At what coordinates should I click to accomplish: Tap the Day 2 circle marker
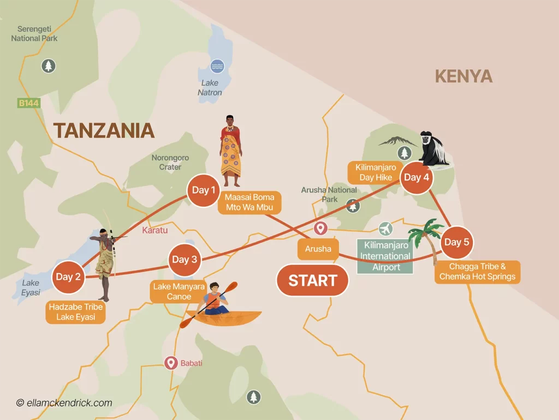click(68, 277)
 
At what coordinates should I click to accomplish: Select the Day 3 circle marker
click(185, 259)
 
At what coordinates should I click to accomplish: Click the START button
click(312, 281)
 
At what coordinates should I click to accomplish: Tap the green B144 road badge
click(29, 103)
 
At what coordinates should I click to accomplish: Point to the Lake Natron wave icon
click(217, 67)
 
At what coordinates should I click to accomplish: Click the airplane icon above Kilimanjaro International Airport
click(385, 228)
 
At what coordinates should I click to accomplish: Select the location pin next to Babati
click(171, 363)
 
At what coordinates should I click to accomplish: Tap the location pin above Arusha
click(320, 229)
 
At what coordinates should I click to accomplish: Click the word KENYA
click(463, 76)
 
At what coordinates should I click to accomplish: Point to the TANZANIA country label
click(104, 131)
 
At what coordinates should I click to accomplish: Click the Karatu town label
click(154, 230)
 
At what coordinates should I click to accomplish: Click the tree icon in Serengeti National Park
click(49, 66)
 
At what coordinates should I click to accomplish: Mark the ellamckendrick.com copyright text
click(64, 403)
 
